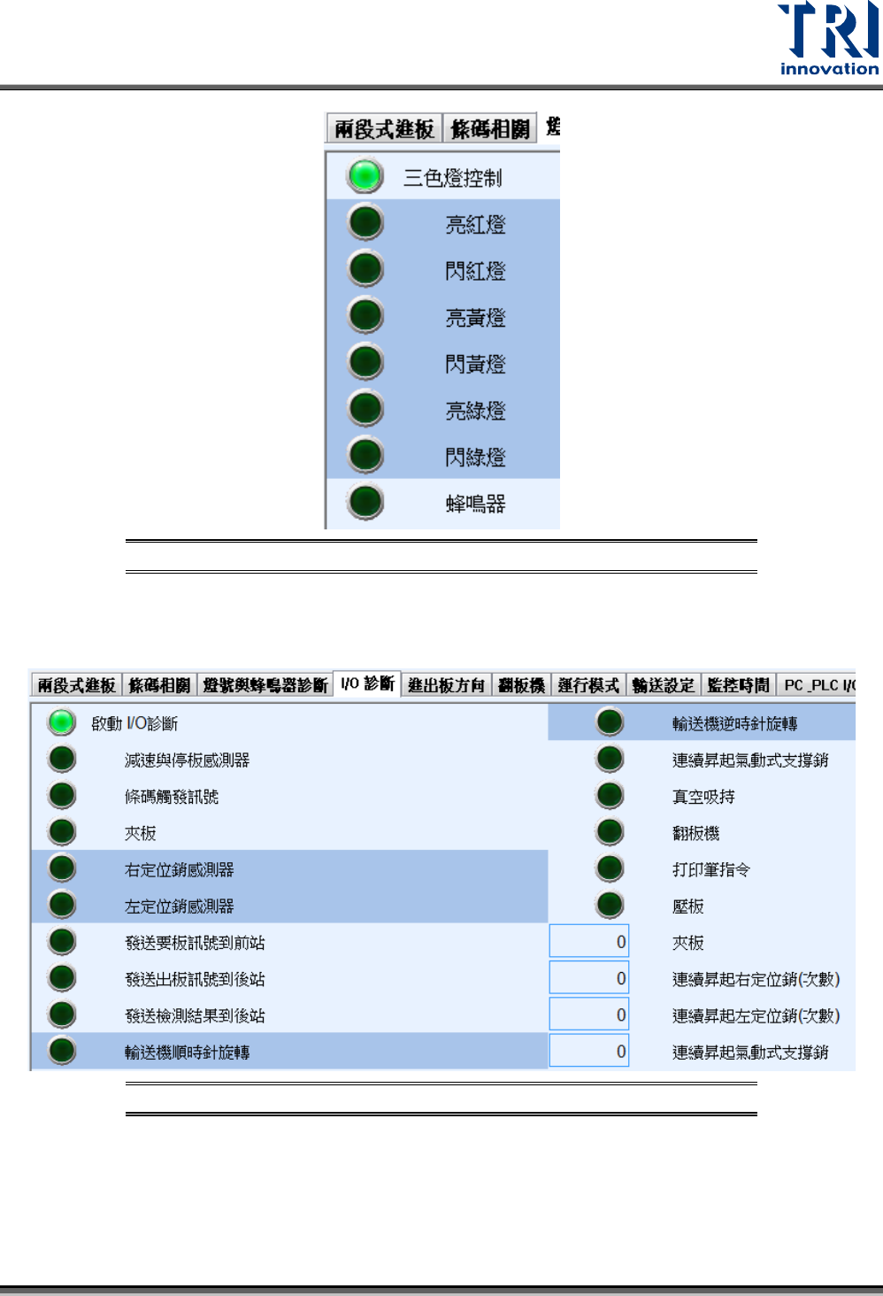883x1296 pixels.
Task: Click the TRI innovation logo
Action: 828,39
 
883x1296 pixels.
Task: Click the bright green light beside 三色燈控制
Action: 365,176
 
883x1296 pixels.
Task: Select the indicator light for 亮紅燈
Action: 365,222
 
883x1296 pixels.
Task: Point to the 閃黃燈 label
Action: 475,364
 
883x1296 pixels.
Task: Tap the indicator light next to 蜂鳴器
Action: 365,502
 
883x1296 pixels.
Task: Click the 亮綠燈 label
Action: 475,411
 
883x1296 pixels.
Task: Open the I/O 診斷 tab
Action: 367,684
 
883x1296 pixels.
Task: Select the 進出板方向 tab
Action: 446,685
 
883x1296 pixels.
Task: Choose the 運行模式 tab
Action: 588,685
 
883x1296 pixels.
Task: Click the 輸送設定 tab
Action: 664,685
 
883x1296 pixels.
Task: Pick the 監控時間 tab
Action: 738,685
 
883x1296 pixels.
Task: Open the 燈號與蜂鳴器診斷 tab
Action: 265,685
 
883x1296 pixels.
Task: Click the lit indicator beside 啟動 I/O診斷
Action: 62,722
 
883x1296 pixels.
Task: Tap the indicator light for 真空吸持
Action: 610,796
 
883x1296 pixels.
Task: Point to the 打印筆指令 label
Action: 711,870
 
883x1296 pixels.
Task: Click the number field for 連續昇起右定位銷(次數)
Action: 589,978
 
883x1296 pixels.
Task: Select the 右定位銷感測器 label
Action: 180,870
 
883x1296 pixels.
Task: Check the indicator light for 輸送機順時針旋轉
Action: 62,1051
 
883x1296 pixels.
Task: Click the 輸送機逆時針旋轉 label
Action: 734,724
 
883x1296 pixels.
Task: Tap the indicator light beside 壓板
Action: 610,905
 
